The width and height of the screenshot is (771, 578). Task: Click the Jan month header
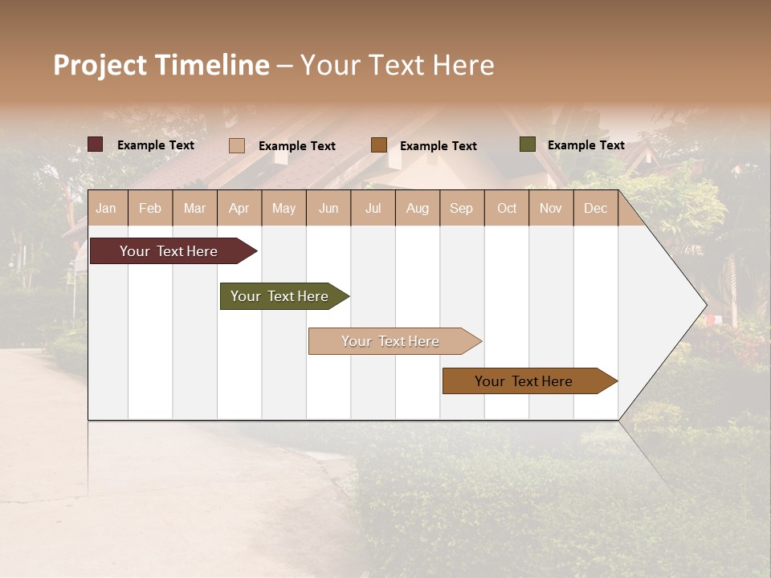(x=106, y=208)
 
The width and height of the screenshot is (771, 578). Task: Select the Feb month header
(x=150, y=208)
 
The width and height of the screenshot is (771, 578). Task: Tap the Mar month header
(x=194, y=208)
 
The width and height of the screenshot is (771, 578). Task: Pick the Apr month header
(x=239, y=208)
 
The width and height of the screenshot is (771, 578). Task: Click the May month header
(x=284, y=208)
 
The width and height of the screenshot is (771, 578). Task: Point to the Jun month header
(x=328, y=208)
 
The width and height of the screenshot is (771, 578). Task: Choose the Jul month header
(x=373, y=208)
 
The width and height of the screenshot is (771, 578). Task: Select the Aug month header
(x=418, y=208)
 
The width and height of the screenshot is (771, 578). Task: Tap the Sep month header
(x=462, y=208)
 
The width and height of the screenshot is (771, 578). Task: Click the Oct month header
(x=507, y=208)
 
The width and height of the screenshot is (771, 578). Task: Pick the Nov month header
(x=551, y=208)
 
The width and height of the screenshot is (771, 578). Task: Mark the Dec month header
(x=596, y=208)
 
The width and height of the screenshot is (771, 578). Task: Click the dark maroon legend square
(x=95, y=144)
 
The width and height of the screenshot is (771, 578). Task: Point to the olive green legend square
(x=527, y=144)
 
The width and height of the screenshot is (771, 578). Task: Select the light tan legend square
(x=236, y=145)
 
